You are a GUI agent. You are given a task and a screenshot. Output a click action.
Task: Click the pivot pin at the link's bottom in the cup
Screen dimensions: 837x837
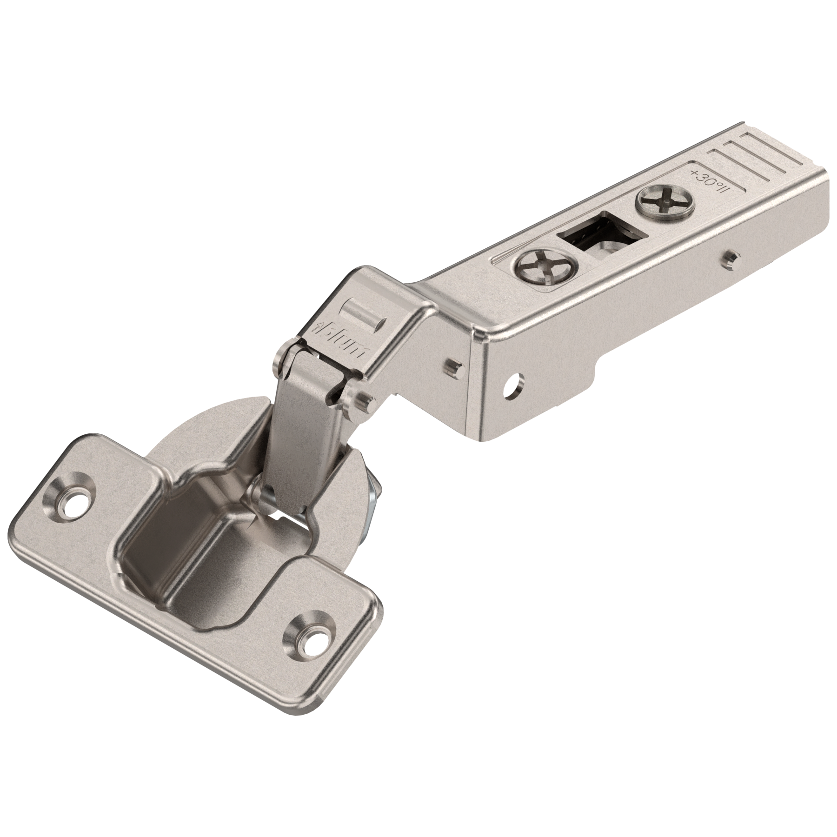pyautogui.click(x=254, y=491)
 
